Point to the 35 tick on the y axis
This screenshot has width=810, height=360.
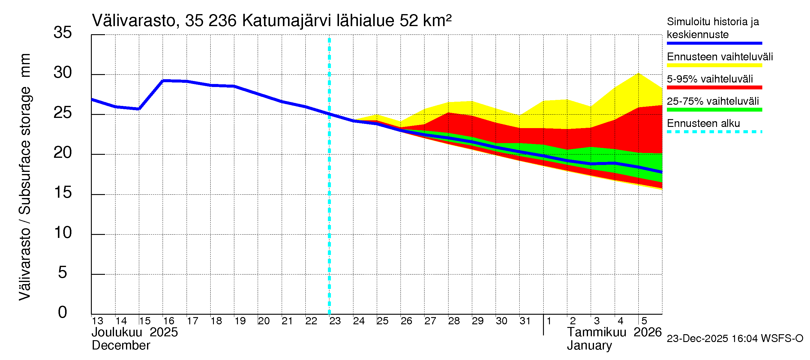63,32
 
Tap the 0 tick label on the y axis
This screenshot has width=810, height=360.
63,312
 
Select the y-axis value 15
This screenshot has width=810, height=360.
63,192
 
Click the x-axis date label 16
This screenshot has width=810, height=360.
169,321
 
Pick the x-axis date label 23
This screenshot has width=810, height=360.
335,321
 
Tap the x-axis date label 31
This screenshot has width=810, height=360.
525,321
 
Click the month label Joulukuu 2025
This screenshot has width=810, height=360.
135,332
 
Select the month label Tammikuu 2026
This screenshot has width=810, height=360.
614,332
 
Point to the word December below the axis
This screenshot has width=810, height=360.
121,346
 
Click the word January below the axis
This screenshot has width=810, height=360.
589,346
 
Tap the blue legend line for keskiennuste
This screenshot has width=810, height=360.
714,43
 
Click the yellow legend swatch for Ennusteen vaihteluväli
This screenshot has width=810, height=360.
714,65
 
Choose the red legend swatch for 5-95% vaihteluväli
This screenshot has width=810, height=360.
714,87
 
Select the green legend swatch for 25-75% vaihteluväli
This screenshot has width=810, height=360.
714,110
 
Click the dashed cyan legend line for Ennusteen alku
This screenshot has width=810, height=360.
714,132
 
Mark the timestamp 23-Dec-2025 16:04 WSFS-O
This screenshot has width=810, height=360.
735,339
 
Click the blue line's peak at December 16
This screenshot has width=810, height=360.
163,81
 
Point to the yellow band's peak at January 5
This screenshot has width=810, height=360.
638,73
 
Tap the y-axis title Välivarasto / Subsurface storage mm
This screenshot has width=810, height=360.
25,177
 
